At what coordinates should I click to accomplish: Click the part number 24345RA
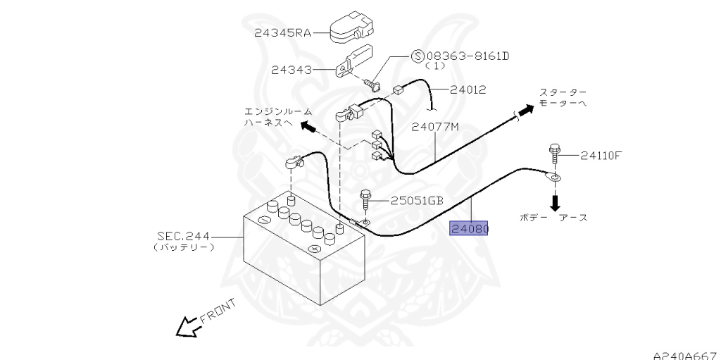coord(283,32)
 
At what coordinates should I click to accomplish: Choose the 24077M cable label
coord(435,127)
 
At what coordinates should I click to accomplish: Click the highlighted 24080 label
coord(470,229)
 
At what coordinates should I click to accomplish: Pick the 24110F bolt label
coord(601,156)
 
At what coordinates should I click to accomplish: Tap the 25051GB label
coord(416,201)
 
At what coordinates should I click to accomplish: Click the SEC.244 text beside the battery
coord(183,237)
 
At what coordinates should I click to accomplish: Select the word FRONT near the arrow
coord(218,311)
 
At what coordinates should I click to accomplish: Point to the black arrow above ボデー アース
coord(555,201)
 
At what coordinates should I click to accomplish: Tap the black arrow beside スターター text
coord(525,111)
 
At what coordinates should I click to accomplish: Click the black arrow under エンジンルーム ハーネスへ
coord(307,126)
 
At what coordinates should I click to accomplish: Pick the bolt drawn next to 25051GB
coord(365,199)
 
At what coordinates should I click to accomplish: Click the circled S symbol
coord(417,56)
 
